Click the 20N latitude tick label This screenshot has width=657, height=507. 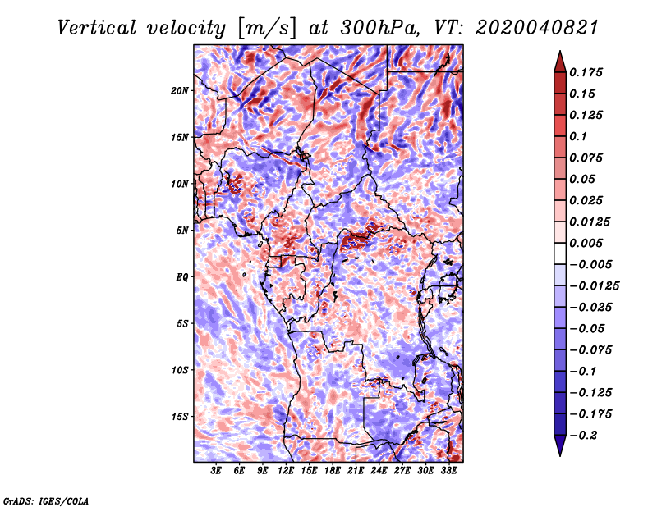click(x=180, y=90)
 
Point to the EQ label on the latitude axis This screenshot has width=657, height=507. click(x=182, y=276)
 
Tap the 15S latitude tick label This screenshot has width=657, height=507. click(x=180, y=417)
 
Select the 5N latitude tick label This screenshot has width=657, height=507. click(x=182, y=231)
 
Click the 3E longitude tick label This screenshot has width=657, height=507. click(x=216, y=471)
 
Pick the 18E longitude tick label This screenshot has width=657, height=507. click(x=333, y=471)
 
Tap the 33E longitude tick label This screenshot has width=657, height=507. click(x=448, y=471)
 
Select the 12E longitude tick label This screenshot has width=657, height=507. click(x=286, y=471)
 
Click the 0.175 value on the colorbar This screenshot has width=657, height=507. click(x=586, y=72)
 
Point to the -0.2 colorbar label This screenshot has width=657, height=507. click(x=583, y=436)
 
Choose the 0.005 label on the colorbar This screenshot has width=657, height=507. click(x=586, y=243)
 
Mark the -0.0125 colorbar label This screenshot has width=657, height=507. click(x=594, y=286)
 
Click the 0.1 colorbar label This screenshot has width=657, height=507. click(x=578, y=136)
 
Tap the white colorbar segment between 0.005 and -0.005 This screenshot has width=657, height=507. click(x=560, y=253)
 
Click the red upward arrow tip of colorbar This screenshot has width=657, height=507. click(x=560, y=52)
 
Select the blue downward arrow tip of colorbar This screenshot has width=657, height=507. click(x=560, y=454)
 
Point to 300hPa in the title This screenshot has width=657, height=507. click(x=379, y=28)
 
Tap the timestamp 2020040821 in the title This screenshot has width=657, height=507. click(x=537, y=28)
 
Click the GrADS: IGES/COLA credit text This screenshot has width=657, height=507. click(x=46, y=500)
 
